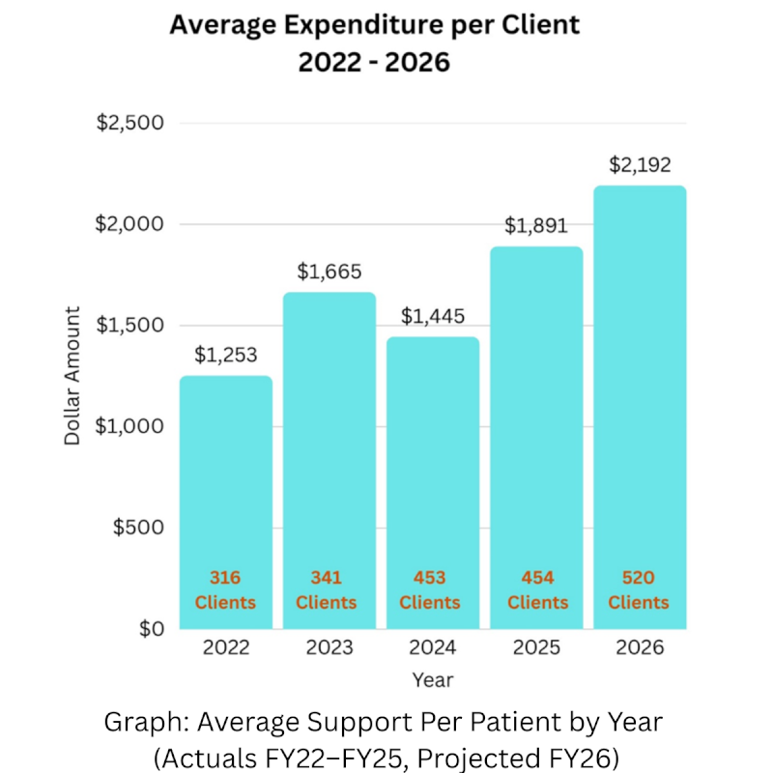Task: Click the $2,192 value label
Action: [x=640, y=164]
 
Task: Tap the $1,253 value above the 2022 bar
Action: [x=226, y=355]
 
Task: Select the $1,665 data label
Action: [x=329, y=271]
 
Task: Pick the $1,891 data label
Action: [x=535, y=225]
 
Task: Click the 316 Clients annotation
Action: [x=225, y=590]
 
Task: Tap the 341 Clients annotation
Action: [x=327, y=590]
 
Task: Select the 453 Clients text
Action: [x=430, y=590]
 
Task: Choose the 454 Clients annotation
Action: [x=537, y=590]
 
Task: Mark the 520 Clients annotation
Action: [x=640, y=590]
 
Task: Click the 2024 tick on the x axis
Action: [x=430, y=647]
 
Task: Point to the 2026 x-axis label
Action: [x=640, y=647]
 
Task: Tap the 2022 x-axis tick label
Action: [x=225, y=647]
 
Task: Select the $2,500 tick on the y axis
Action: [x=129, y=124]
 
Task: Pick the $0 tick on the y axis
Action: [x=150, y=629]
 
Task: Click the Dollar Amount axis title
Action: [x=72, y=376]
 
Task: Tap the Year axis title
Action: [x=432, y=680]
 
